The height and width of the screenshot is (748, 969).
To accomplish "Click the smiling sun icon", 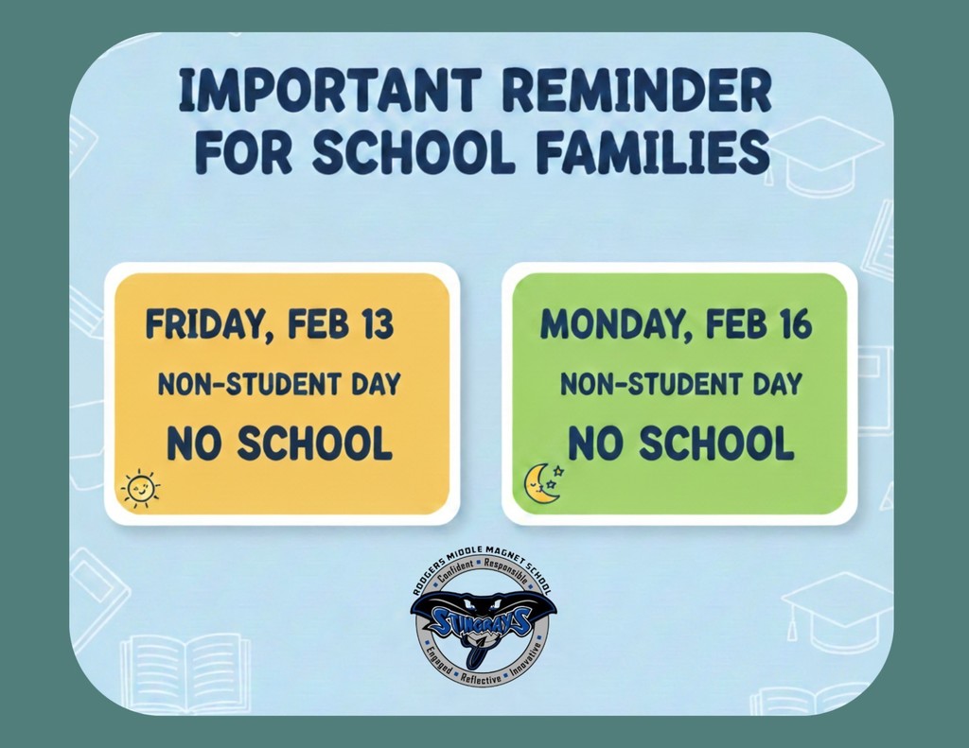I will point(140,489).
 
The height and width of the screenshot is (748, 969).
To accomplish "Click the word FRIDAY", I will point(199,326).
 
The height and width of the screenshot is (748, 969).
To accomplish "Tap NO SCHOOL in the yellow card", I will point(279,443).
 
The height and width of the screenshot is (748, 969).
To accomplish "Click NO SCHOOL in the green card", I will point(680,443).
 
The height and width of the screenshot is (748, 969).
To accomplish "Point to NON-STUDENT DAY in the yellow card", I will point(279,385).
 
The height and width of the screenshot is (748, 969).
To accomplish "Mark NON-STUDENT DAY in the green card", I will point(680,385).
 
